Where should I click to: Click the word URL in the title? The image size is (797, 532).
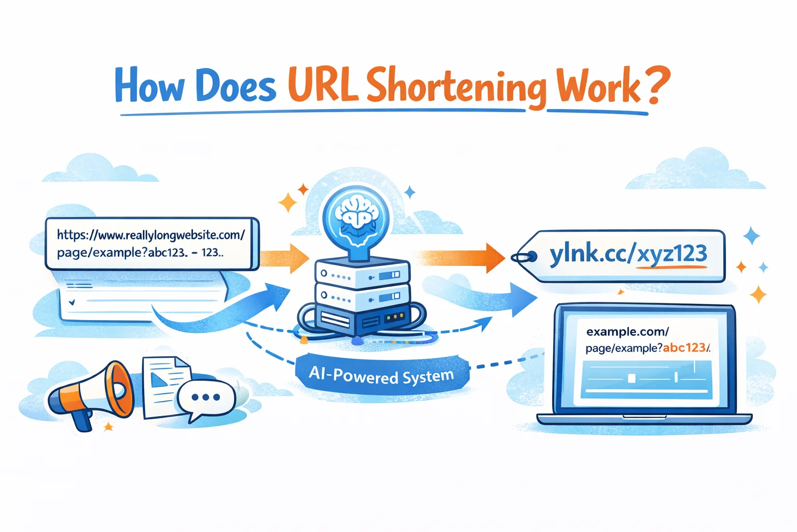(x=323, y=86)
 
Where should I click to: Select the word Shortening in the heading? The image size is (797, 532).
(x=457, y=87)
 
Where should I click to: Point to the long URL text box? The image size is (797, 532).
(x=152, y=244)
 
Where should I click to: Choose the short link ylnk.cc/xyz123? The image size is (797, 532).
(x=628, y=255)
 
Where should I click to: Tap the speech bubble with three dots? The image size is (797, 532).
(x=206, y=398)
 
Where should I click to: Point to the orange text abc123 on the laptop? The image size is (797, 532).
(x=685, y=348)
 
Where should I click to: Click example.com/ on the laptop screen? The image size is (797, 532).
(x=627, y=331)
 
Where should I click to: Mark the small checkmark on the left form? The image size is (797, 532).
(x=72, y=301)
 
